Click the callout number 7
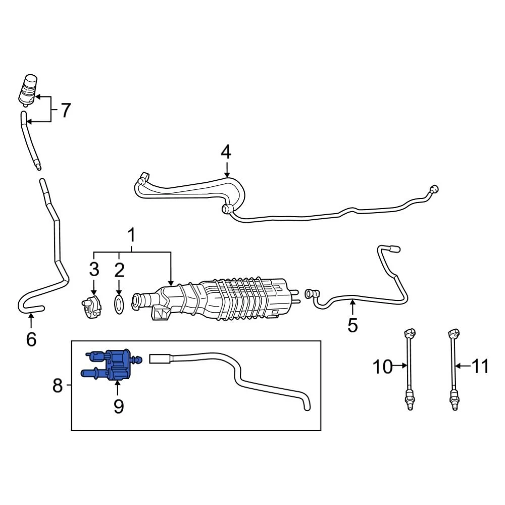point(66,110)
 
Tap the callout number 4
point(226,152)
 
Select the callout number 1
point(131,235)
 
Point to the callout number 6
point(31,339)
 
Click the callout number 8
point(58,385)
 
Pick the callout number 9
point(119,407)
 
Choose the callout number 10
point(383,367)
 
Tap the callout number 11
point(480,367)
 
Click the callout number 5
point(352,325)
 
